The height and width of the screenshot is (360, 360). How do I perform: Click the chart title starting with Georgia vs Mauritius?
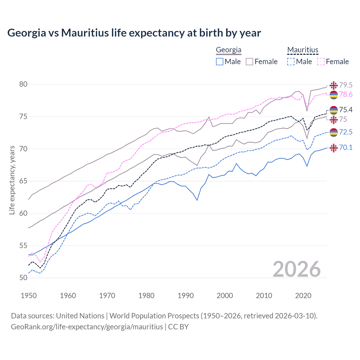tap(134, 33)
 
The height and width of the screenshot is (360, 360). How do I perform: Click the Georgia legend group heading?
tap(228, 50)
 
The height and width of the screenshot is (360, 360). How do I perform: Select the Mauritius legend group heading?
tap(303, 50)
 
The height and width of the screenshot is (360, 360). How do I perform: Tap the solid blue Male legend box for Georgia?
tap(220, 62)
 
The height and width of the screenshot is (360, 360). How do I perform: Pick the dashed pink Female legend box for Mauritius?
tap(321, 62)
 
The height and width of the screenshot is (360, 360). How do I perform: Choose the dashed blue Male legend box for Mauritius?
tap(291, 62)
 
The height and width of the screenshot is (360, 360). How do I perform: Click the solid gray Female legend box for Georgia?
tap(249, 62)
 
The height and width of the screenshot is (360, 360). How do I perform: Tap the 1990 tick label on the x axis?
tap(186, 296)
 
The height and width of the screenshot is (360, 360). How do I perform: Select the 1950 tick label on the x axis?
tap(29, 296)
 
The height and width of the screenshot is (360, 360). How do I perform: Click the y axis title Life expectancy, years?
tap(12, 180)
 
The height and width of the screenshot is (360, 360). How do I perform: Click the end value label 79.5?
tap(346, 85)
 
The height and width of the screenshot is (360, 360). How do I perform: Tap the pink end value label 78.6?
tap(346, 94)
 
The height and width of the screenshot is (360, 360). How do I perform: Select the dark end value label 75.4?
tap(346, 110)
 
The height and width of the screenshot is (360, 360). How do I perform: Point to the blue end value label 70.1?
tap(346, 147)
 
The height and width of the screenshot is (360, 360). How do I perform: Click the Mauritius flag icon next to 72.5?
tap(334, 132)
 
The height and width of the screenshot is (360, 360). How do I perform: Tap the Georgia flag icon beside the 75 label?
tap(334, 120)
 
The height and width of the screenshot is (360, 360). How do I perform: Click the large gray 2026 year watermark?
tap(297, 269)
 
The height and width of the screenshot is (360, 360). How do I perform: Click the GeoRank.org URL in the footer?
tap(87, 327)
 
